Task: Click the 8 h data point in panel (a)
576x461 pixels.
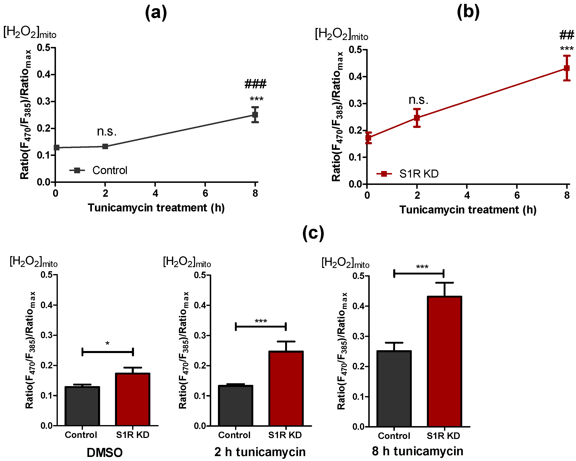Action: (255, 115)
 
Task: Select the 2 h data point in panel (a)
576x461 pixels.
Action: (105, 146)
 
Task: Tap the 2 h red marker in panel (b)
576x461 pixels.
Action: (417, 118)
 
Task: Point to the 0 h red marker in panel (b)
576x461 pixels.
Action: (368, 138)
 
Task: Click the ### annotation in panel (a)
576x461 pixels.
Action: (255, 84)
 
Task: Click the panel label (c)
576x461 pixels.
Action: (313, 233)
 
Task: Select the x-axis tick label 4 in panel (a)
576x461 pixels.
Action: (155, 193)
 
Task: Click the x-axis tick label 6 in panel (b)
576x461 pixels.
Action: (517, 195)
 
